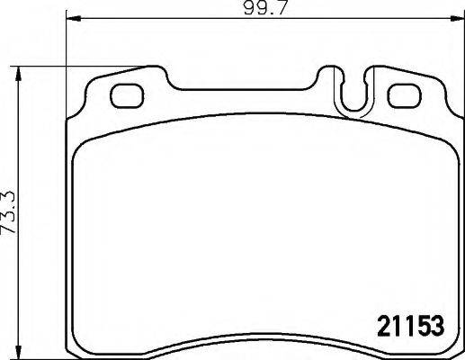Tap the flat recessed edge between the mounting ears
243,89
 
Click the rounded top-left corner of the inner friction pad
83,148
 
